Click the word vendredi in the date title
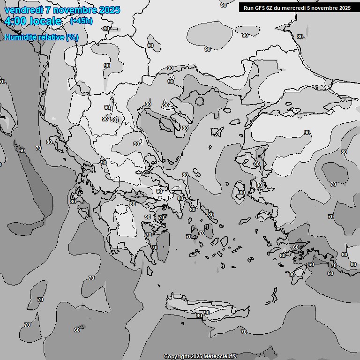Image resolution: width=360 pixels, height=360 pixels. pyautogui.click(x=23, y=10)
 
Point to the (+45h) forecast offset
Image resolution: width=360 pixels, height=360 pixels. pyautogui.click(x=81, y=21)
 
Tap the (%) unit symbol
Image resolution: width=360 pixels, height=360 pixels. pyautogui.click(x=72, y=37)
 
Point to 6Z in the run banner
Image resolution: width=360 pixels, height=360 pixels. pyautogui.click(x=270, y=8)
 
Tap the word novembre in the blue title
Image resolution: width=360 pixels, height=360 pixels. pyautogui.click(x=78, y=10)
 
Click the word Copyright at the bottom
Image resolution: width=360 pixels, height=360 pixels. pyautogui.click(x=176, y=357)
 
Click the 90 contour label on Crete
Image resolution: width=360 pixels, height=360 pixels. pyautogui.click(x=207, y=313)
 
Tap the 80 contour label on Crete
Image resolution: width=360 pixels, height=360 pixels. pyautogui.click(x=199, y=316)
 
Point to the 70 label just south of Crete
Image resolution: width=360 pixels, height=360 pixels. pyautogui.click(x=243, y=332)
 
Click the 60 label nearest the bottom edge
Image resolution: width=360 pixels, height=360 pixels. pyautogui.click(x=76, y=330)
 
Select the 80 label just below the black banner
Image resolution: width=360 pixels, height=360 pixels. pyautogui.click(x=300, y=37)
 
